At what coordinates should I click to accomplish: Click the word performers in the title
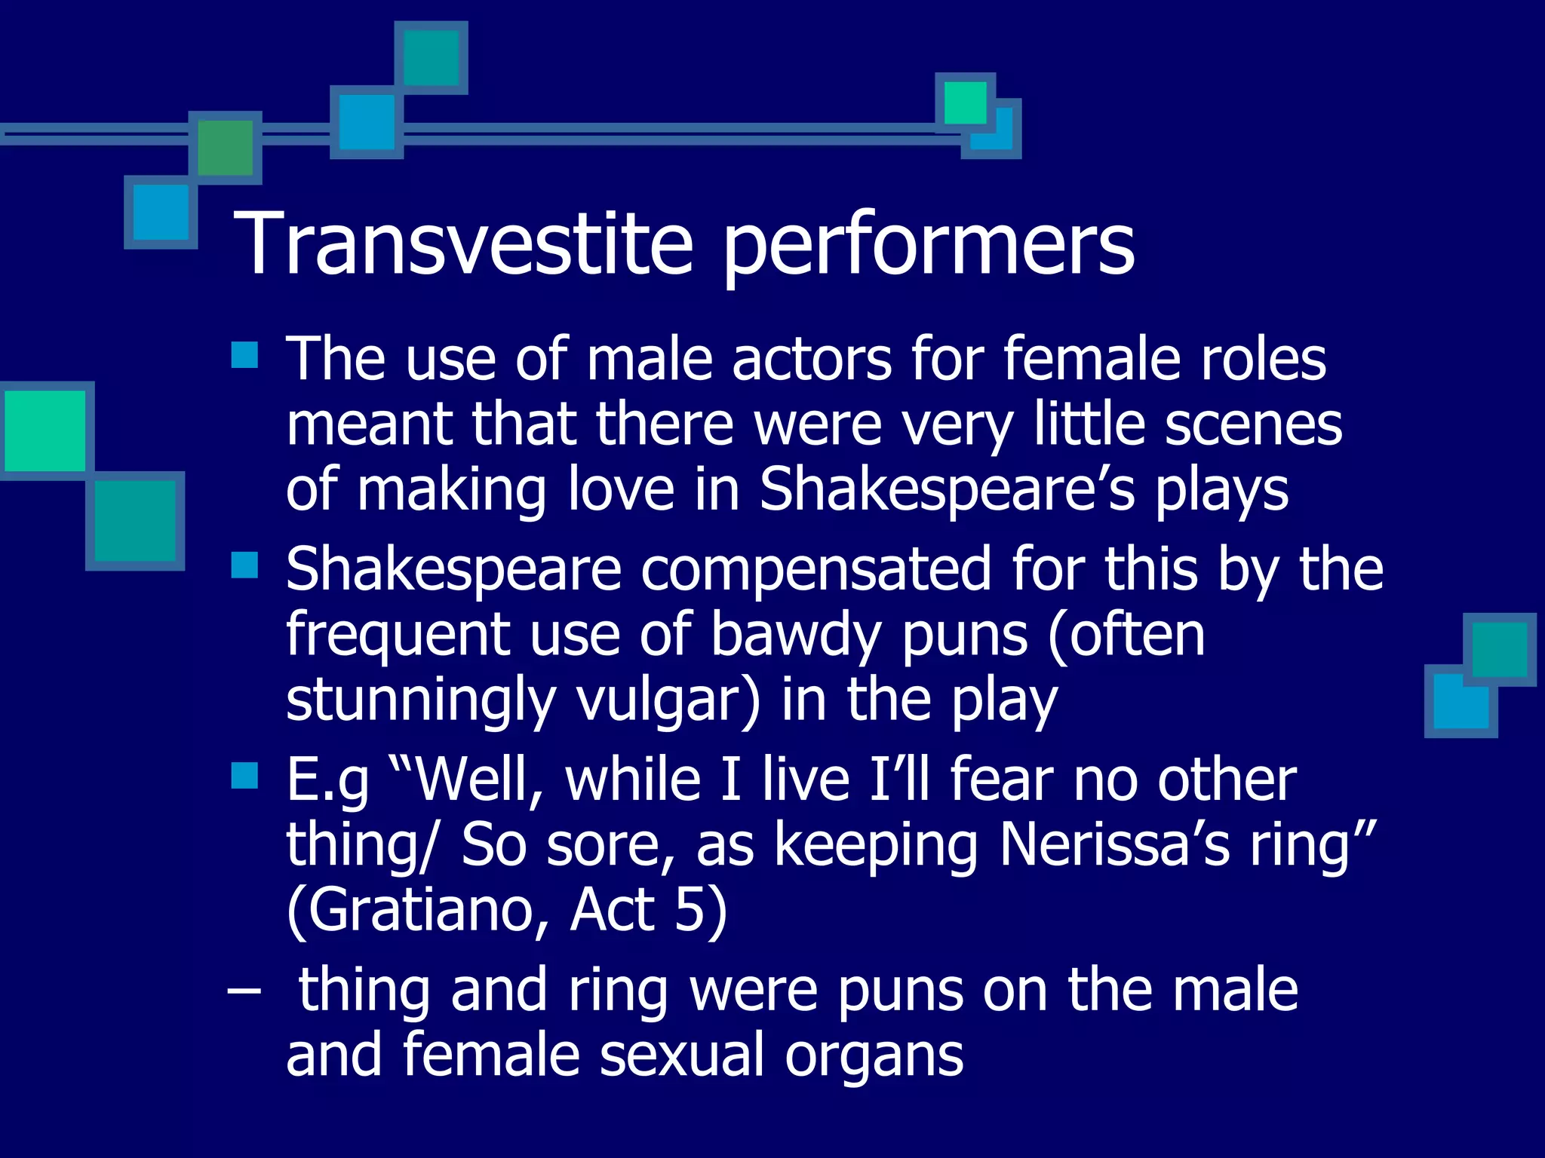tap(928, 244)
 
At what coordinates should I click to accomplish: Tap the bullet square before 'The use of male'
tap(244, 354)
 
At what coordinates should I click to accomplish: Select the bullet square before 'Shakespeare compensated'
tap(244, 565)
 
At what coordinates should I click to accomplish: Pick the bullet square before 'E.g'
tap(244, 775)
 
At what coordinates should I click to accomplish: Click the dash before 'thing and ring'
tap(244, 990)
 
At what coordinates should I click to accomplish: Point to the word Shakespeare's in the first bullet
tap(947, 490)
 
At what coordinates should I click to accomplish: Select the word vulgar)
tap(668, 700)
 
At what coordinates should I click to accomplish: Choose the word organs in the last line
tap(874, 1055)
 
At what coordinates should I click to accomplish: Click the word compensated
tap(816, 569)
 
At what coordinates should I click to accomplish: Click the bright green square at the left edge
tap(45, 430)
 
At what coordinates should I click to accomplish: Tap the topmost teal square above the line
tap(431, 57)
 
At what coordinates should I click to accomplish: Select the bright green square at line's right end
tap(965, 103)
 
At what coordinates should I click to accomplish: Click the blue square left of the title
tap(160, 213)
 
